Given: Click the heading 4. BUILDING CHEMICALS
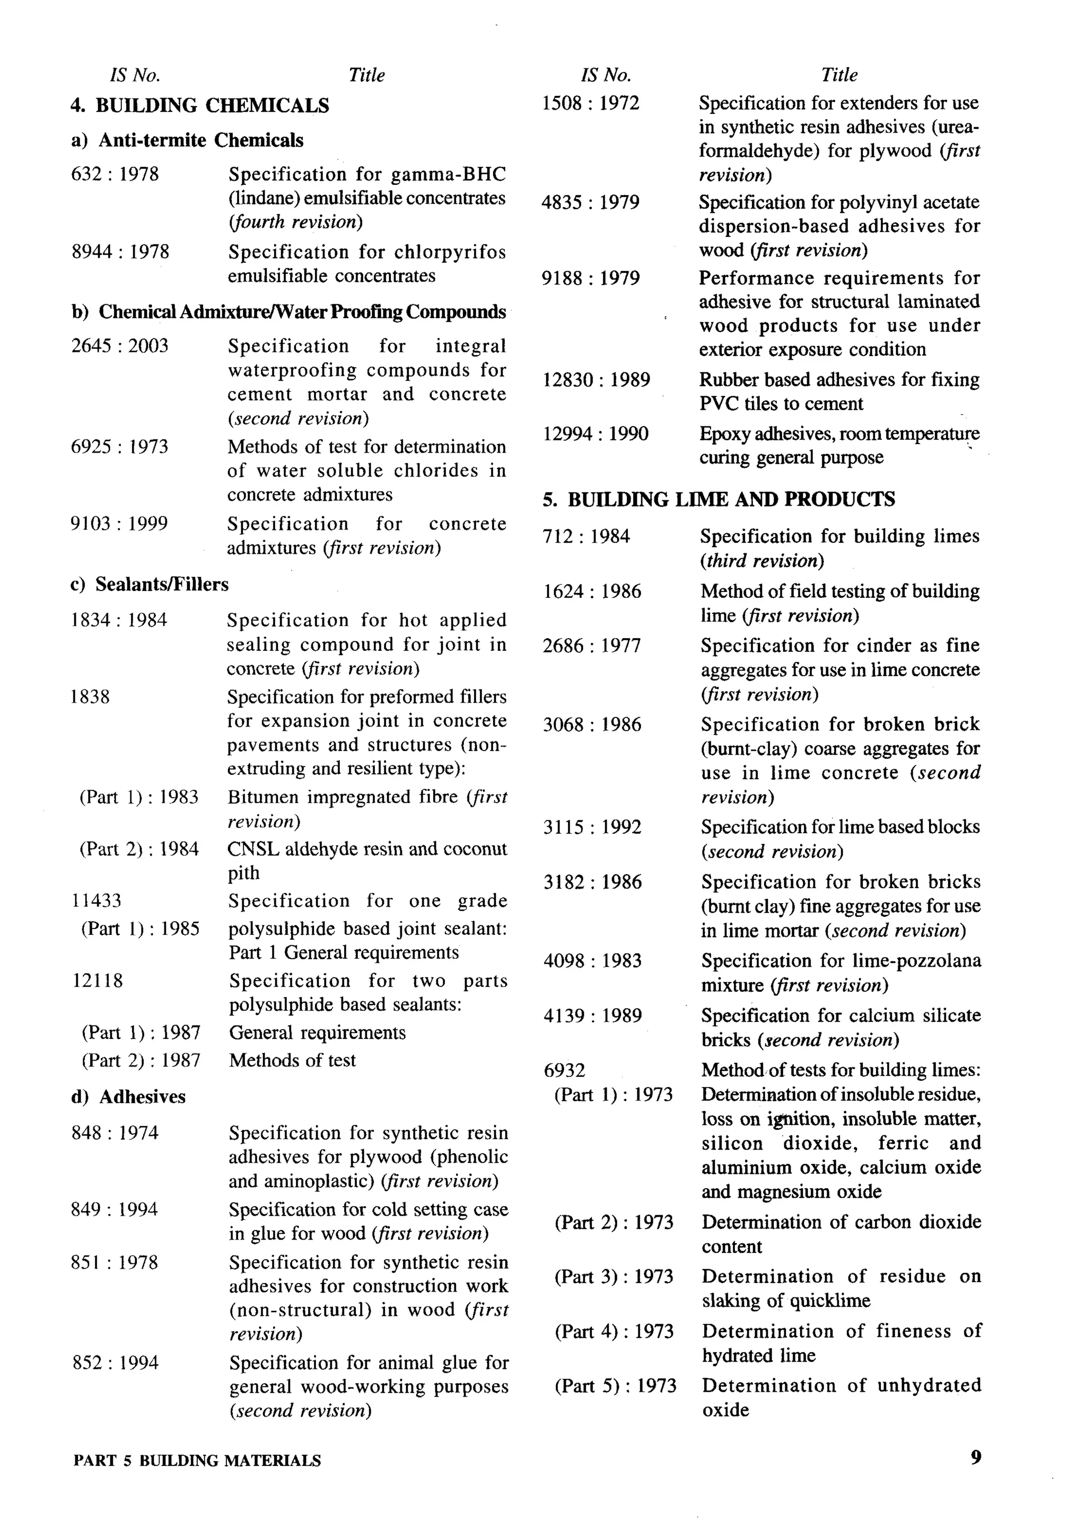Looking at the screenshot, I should (x=199, y=105).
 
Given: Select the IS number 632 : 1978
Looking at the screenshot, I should (x=115, y=174).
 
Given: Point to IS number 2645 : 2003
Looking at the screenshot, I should (x=120, y=346).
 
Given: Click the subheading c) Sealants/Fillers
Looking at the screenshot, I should (x=148, y=584).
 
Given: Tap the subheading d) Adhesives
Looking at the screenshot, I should (x=128, y=1097).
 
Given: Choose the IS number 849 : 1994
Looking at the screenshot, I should (x=115, y=1210).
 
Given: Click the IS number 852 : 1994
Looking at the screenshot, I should (x=115, y=1363).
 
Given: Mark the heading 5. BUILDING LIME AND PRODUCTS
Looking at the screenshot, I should (x=719, y=499).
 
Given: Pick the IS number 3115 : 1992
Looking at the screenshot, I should (x=592, y=827).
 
